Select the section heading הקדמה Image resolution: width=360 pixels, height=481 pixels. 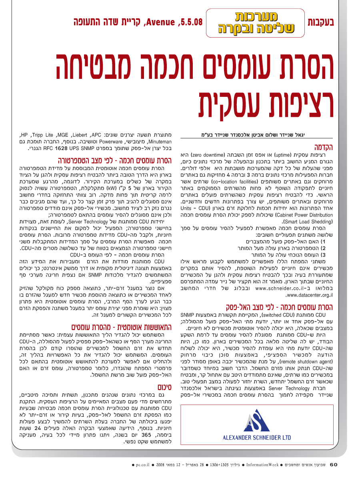coord(323,147)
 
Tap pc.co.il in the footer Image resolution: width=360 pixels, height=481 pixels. coord(142,465)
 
